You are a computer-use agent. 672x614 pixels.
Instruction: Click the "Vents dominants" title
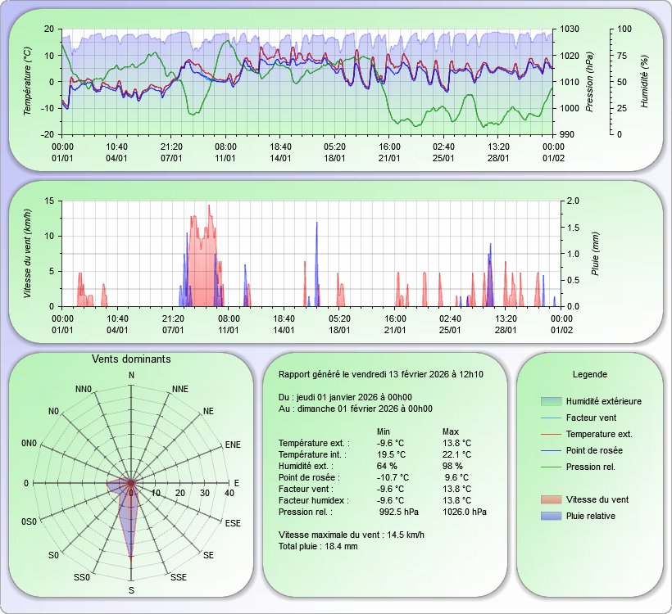tap(131, 359)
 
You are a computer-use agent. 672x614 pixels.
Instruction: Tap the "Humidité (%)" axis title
tap(645, 81)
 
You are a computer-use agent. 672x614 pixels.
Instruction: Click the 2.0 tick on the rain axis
tap(571, 201)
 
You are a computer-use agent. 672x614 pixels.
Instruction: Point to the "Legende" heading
tap(589, 374)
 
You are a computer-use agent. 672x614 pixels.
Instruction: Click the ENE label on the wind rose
tap(233, 445)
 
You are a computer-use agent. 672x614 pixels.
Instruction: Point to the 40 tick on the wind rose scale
tap(229, 493)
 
